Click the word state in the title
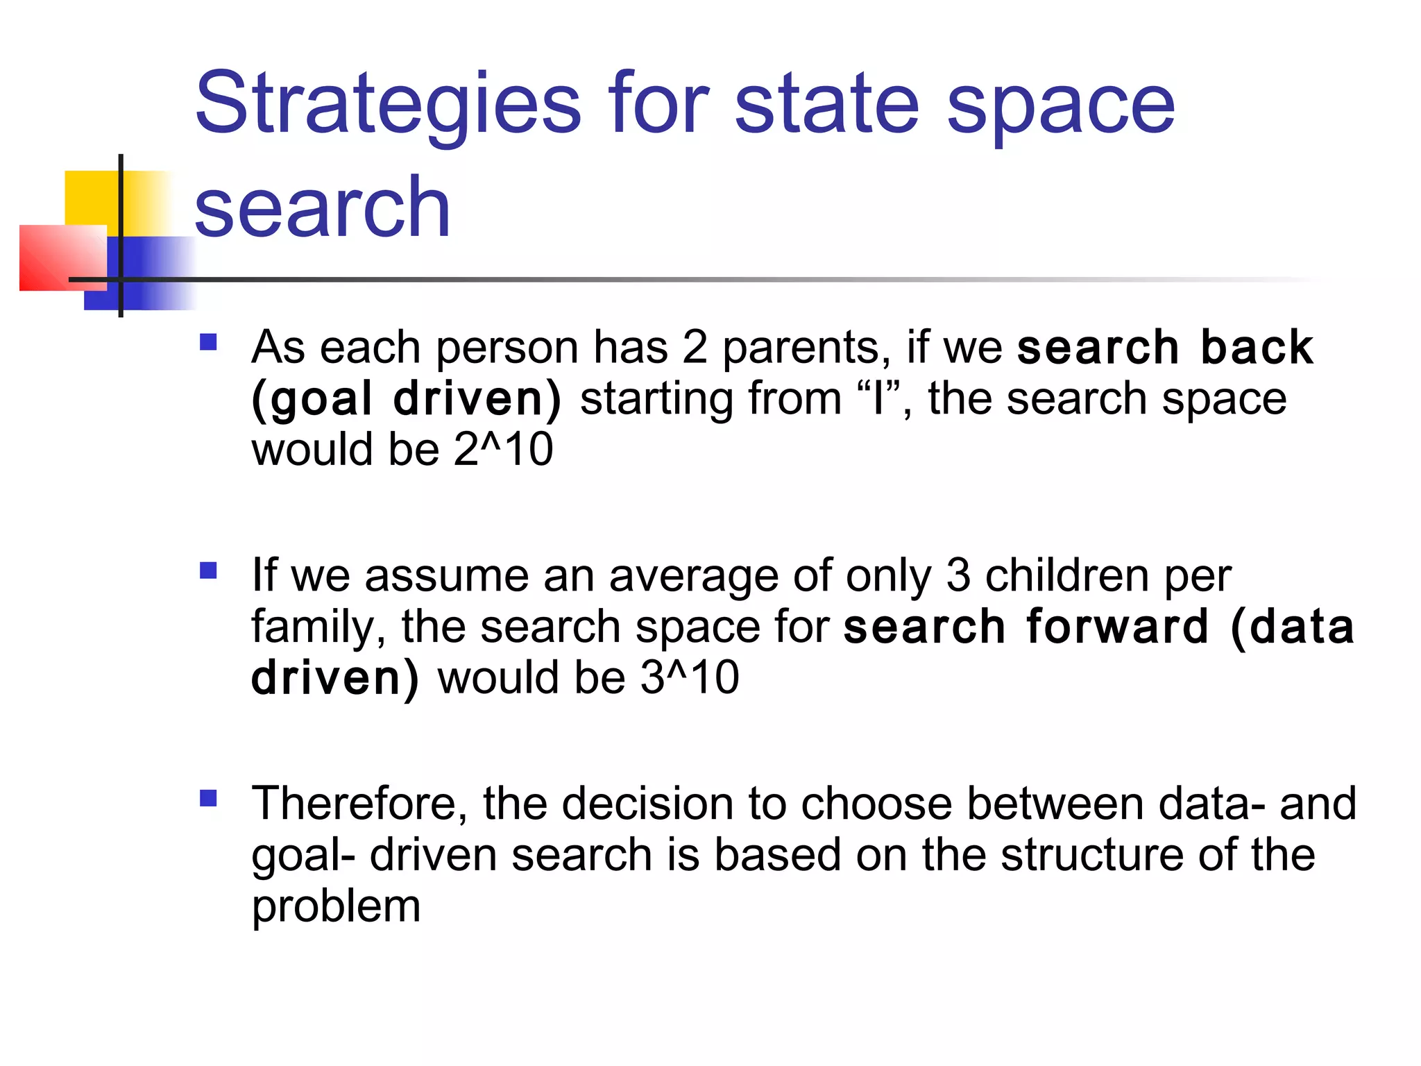(x=826, y=104)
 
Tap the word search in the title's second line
(x=322, y=207)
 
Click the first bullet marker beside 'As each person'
(x=208, y=342)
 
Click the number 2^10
(x=504, y=449)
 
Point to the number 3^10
(x=690, y=677)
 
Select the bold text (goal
(x=312, y=400)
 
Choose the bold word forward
(x=1117, y=626)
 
